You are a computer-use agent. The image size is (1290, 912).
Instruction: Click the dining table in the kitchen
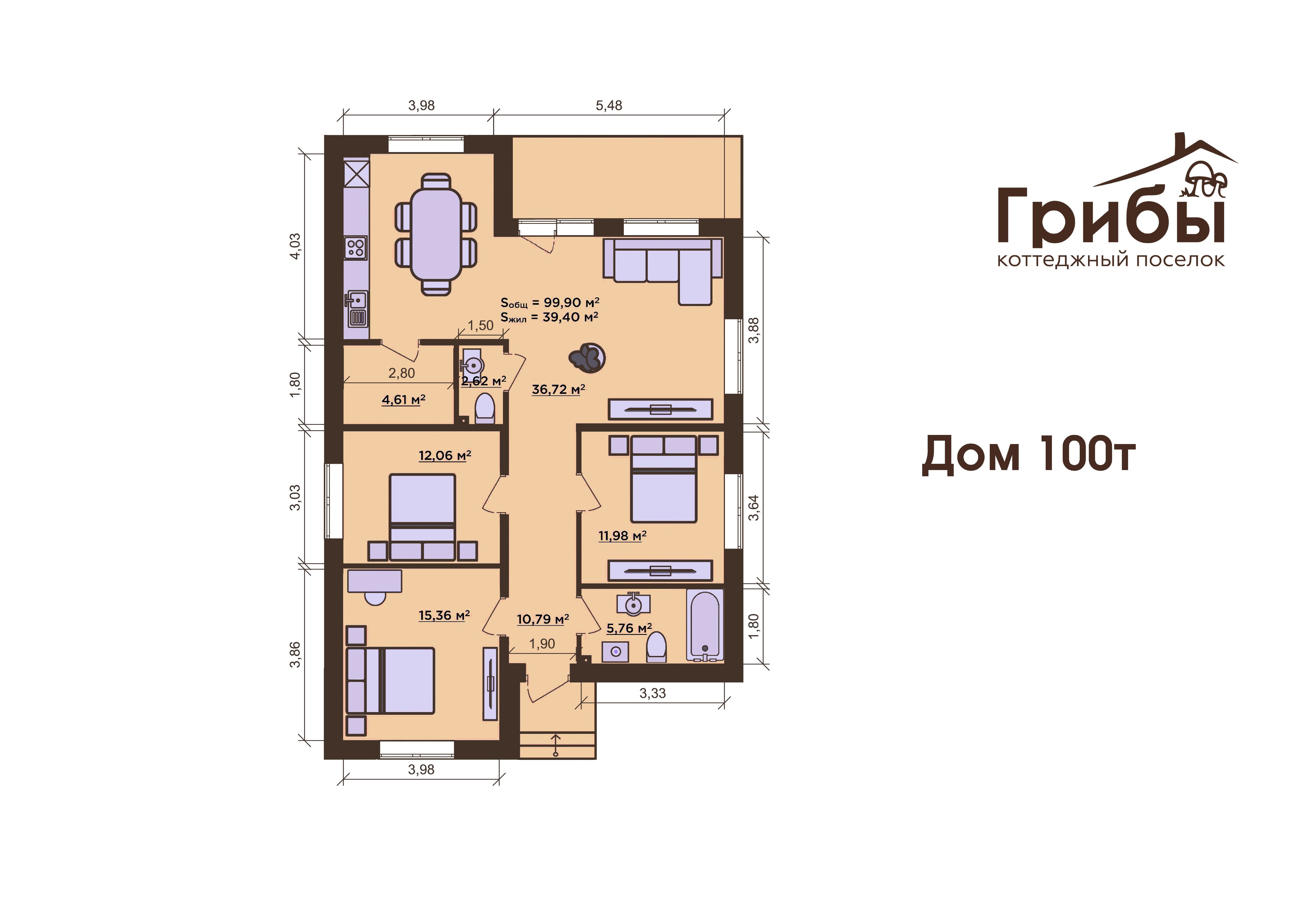(436, 234)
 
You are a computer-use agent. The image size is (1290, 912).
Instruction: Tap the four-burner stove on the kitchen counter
(356, 248)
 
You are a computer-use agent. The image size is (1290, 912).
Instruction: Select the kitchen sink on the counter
(356, 309)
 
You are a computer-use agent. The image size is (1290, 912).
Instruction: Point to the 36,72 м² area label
(559, 389)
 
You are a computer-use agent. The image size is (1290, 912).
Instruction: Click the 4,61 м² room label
(403, 400)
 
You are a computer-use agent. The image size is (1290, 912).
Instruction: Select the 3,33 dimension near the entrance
(652, 693)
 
